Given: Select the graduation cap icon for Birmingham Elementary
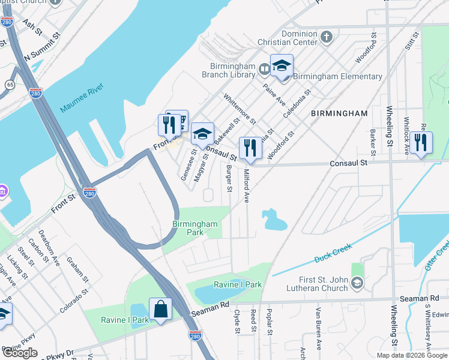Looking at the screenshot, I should click(281, 65).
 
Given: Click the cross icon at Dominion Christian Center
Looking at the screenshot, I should click(327, 38).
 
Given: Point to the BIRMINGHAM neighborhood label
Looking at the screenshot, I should click(339, 113).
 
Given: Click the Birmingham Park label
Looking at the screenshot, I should click(194, 227).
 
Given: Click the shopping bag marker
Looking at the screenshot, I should click(160, 310).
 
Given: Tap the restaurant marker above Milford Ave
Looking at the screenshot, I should click(250, 148).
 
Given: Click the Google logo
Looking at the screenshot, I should click(20, 353).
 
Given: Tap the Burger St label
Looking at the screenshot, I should click(229, 179).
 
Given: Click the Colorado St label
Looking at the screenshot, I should click(74, 300).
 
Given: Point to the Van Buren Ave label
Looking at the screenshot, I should click(316, 322).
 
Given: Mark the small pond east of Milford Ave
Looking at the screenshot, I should click(273, 220).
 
